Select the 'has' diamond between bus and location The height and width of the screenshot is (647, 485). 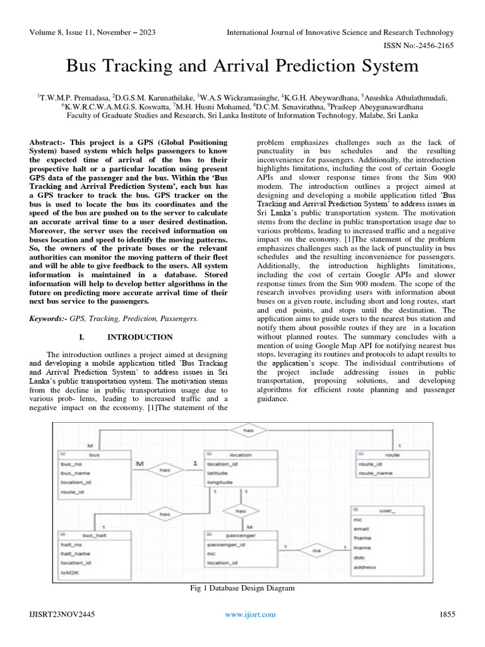coord(165,469)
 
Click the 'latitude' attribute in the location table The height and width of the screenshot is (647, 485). coord(218,473)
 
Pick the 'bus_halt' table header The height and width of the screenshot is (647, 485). coord(95,535)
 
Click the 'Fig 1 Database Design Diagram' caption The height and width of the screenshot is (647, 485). coord(242,588)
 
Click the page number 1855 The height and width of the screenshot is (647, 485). coord(445,614)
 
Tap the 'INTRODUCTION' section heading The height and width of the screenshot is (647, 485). coord(140,337)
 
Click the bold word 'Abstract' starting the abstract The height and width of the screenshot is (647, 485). coord(47,143)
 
